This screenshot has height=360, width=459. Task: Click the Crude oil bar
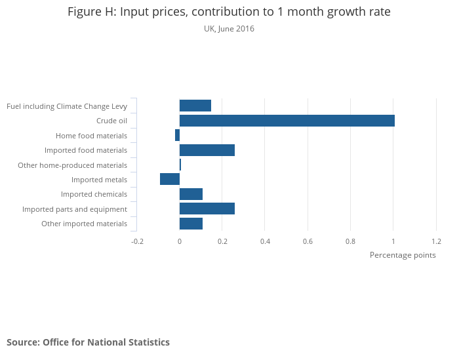click(287, 121)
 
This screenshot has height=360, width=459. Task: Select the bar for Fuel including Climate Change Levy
click(195, 106)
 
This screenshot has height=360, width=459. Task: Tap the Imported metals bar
click(170, 179)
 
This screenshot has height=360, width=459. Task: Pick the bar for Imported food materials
click(207, 150)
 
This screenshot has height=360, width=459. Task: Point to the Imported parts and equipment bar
click(207, 209)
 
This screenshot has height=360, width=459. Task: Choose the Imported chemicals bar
click(191, 194)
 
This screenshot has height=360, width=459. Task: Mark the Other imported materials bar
click(191, 224)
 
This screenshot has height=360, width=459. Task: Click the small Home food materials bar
click(177, 135)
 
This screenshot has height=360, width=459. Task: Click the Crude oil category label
click(111, 121)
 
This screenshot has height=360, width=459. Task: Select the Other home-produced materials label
click(72, 165)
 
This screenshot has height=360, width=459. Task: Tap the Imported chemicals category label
click(94, 194)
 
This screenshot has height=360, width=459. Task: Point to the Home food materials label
click(91, 136)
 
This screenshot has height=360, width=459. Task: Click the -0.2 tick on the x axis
click(137, 241)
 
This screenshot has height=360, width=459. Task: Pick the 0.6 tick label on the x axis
click(308, 241)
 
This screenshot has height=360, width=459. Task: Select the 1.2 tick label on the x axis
click(436, 241)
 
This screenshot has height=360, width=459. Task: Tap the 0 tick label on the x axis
click(180, 241)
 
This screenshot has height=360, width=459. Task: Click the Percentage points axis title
click(403, 255)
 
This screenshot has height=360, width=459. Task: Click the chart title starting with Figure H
click(229, 12)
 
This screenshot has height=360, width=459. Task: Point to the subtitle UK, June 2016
click(229, 29)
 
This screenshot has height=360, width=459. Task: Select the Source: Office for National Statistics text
click(88, 342)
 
